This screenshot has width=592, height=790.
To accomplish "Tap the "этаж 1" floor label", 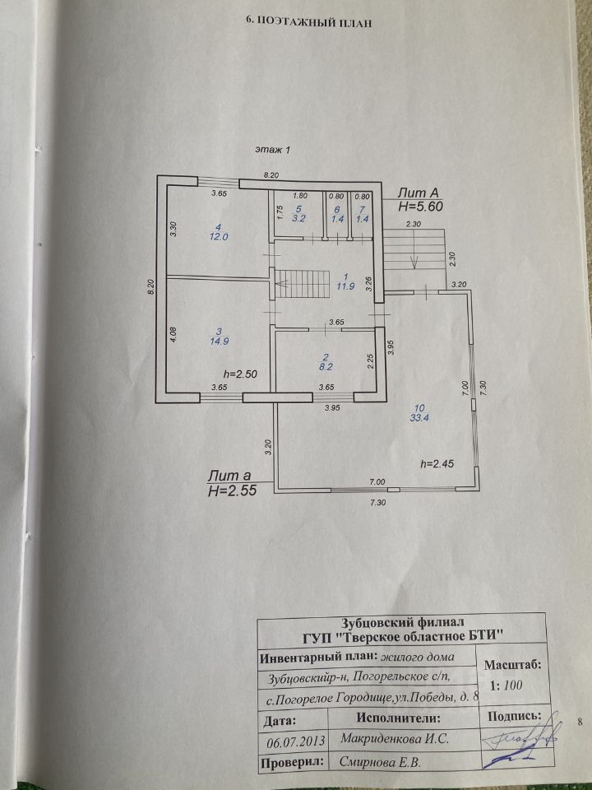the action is (273, 150).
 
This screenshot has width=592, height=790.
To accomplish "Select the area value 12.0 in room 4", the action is (219, 237).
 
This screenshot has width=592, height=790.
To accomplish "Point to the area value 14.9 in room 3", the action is (218, 341).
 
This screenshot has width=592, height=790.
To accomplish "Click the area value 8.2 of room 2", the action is (326, 367).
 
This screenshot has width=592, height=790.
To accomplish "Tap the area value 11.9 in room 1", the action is (346, 286).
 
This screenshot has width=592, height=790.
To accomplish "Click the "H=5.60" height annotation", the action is (420, 206).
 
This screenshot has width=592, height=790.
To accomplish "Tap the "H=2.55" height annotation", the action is (232, 491).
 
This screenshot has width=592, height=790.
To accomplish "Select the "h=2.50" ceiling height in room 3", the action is (239, 374).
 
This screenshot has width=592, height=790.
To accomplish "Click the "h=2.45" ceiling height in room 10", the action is (437, 464).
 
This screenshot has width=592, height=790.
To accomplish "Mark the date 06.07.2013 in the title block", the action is (295, 741).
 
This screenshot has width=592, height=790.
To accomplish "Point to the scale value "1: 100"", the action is (506, 685).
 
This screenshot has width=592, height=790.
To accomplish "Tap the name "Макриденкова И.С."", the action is (394, 739).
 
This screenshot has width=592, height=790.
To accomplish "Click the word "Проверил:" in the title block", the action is (293, 762).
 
